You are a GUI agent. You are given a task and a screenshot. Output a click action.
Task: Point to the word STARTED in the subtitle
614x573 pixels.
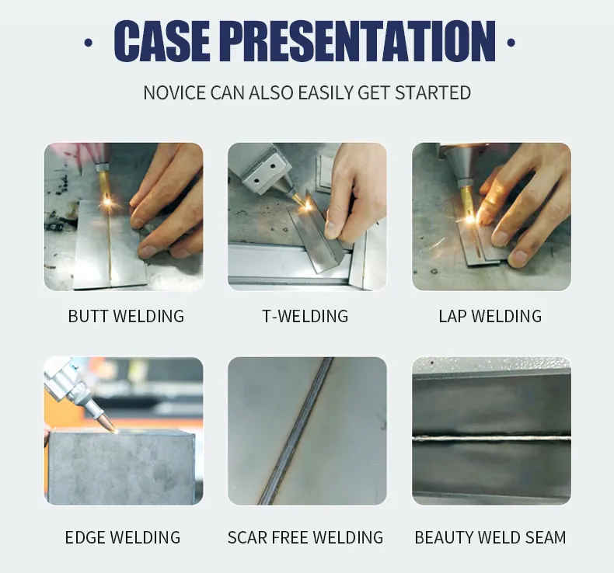(x=433, y=93)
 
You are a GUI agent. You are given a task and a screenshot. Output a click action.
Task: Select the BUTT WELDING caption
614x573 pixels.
(x=126, y=316)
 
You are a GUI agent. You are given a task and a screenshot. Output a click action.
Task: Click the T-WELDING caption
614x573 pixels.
(x=305, y=316)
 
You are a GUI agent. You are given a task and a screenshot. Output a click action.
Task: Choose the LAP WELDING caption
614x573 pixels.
(x=490, y=316)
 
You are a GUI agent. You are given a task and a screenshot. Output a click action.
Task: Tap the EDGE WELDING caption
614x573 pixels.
(x=123, y=537)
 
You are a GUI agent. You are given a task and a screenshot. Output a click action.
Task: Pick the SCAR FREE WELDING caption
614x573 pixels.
(x=305, y=537)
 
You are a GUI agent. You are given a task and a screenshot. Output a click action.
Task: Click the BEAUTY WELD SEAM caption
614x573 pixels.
(x=490, y=537)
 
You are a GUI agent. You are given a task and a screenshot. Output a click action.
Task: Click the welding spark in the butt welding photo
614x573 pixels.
(x=107, y=203)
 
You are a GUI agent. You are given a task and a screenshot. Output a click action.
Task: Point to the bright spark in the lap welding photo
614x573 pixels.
(x=470, y=219)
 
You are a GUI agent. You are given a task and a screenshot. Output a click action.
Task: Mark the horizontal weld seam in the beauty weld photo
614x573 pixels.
(x=491, y=439)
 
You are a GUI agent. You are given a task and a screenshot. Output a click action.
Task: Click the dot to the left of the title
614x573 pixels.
(x=89, y=42)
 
